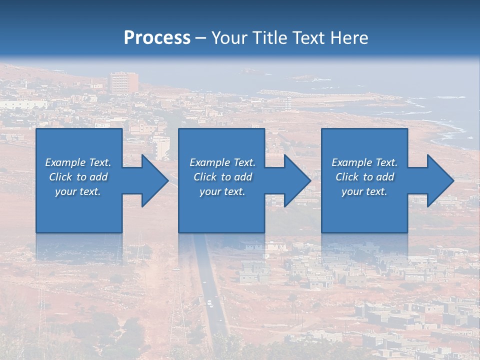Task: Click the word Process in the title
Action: coord(157,38)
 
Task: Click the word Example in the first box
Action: coord(65,162)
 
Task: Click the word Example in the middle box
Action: coord(209,162)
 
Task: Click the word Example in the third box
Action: coord(351,162)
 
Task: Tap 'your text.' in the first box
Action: coord(78,191)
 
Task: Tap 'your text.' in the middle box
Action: coord(222,191)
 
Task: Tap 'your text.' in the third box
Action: coord(364,191)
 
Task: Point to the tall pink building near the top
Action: coord(123,82)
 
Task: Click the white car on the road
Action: coord(210,303)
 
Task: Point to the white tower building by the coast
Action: coord(288,103)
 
